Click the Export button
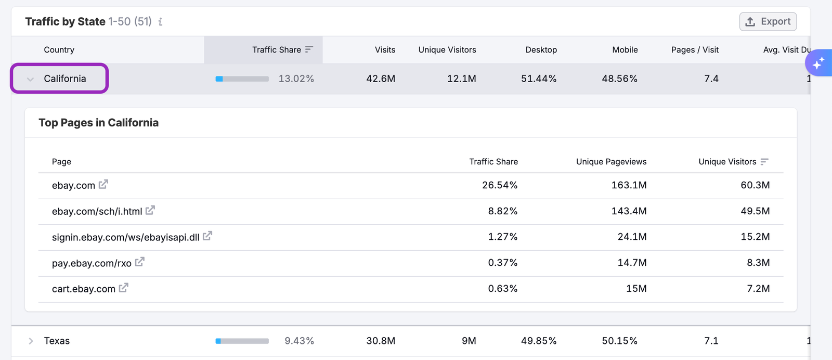768,21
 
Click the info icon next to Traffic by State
160,22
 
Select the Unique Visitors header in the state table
447,50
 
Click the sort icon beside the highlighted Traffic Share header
309,49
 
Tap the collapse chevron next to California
31,79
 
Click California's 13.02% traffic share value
296,79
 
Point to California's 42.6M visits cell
380,79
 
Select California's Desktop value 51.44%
538,79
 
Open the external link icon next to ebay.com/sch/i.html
150,210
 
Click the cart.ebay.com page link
83,289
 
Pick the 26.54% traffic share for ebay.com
499,185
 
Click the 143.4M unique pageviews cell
629,211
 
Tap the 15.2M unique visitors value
755,237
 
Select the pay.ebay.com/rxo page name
92,263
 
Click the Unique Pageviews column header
611,162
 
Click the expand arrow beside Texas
31,341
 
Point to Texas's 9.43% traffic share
299,341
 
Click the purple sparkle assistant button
818,63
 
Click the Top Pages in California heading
98,123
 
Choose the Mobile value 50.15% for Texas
619,341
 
